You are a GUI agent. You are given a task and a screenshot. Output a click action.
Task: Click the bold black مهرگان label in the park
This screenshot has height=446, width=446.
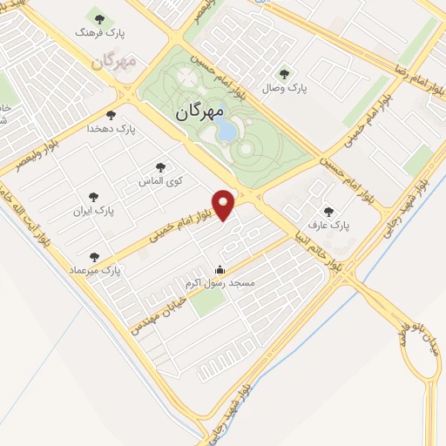point(199,112)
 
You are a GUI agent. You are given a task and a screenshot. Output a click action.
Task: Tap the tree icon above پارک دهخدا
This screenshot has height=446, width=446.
point(111,114)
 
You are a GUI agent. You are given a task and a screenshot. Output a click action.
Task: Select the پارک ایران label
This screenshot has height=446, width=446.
point(95,211)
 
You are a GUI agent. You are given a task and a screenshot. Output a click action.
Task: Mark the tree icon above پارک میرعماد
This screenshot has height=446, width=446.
point(95,257)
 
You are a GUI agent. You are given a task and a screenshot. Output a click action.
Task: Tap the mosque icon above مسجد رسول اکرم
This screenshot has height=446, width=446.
point(220,269)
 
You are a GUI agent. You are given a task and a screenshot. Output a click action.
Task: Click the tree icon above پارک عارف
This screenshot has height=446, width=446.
point(328,210)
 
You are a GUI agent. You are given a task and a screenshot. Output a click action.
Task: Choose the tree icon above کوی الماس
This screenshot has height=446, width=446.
point(159,166)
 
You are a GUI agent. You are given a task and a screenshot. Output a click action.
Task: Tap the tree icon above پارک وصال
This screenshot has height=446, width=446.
point(283,73)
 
